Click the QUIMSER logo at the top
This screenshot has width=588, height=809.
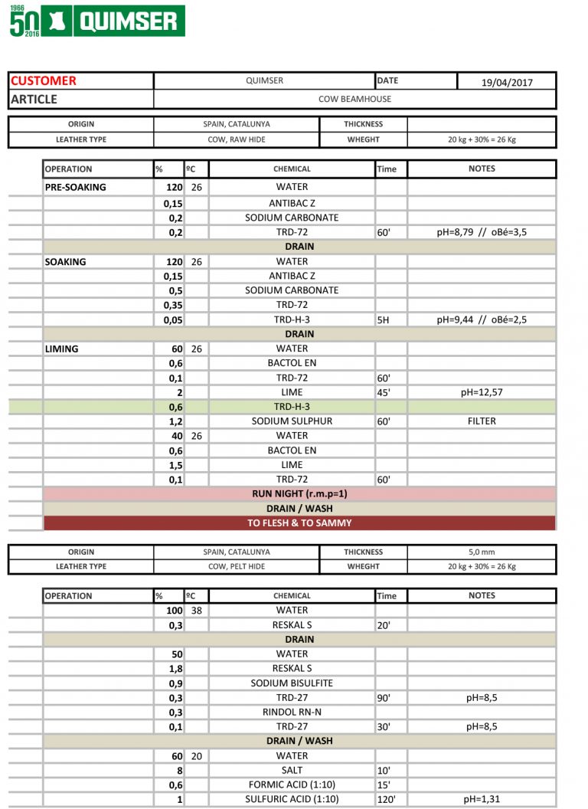(x=96, y=21)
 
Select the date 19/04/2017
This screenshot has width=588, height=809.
(x=507, y=82)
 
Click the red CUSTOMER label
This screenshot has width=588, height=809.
(x=44, y=80)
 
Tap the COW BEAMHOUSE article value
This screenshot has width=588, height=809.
(x=354, y=99)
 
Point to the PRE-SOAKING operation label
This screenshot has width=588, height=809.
(x=76, y=187)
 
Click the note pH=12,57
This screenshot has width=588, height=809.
(x=482, y=392)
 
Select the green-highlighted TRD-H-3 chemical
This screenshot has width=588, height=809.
(x=292, y=407)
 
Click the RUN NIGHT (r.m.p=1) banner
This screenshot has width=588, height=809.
(x=299, y=494)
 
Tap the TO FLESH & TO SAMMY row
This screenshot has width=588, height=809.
(x=299, y=523)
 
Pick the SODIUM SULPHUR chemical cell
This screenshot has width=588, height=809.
(x=292, y=421)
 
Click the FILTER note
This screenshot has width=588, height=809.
(x=482, y=421)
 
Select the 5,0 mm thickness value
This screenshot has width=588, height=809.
(x=482, y=552)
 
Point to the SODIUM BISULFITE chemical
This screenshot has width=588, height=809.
(x=292, y=683)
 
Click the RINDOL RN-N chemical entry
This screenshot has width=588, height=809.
(x=292, y=712)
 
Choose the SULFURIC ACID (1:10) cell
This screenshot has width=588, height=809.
(x=292, y=799)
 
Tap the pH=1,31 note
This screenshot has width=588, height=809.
(x=482, y=799)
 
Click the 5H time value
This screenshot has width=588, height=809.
(x=384, y=320)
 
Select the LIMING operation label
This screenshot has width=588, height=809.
(x=62, y=349)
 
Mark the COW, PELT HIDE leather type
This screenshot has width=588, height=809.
(x=237, y=566)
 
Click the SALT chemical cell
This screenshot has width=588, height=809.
(x=292, y=770)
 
